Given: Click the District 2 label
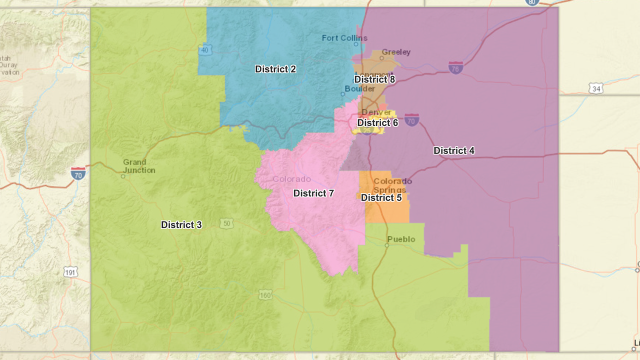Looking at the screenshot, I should click(x=275, y=69).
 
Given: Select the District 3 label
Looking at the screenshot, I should click(x=181, y=225).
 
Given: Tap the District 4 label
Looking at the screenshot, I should click(x=454, y=150).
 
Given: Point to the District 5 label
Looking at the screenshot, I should click(x=381, y=197).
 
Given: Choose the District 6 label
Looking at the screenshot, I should click(x=377, y=122).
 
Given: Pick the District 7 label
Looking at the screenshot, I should click(x=313, y=193).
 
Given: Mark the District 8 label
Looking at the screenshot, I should click(x=374, y=79).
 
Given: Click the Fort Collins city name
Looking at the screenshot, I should click(x=344, y=38).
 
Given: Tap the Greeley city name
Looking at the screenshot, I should click(x=396, y=52).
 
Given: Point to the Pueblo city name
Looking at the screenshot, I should click(x=401, y=239).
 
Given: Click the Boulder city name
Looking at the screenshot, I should click(x=360, y=88).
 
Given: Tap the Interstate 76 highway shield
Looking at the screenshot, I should click(x=455, y=67).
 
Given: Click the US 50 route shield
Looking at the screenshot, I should click(x=226, y=223).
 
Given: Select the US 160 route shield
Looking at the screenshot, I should click(x=266, y=295).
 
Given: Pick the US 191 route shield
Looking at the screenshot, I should click(x=70, y=272).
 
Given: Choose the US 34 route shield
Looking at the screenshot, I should click(x=595, y=88).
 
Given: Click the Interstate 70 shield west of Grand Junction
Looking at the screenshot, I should click(x=78, y=173).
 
